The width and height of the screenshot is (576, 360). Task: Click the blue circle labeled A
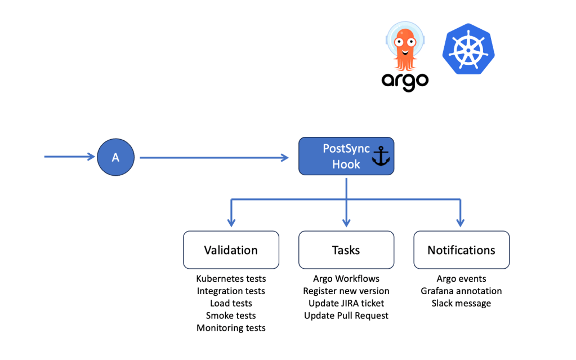click(115, 158)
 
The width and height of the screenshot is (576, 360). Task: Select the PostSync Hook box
click(346, 156)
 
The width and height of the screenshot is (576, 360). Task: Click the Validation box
click(231, 250)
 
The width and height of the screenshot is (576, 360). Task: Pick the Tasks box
click(346, 250)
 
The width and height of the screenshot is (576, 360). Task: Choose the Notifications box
click(461, 250)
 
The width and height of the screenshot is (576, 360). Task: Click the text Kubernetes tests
click(231, 279)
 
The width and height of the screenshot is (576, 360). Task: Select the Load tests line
click(231, 303)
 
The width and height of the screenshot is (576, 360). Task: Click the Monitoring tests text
click(231, 328)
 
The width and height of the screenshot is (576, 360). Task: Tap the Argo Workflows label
click(346, 279)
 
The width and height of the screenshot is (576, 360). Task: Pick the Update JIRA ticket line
click(346, 303)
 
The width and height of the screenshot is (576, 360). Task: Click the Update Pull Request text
click(346, 315)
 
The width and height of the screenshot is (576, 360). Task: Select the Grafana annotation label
click(461, 291)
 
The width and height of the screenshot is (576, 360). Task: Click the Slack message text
click(461, 303)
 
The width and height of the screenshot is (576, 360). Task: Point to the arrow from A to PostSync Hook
click(214, 158)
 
